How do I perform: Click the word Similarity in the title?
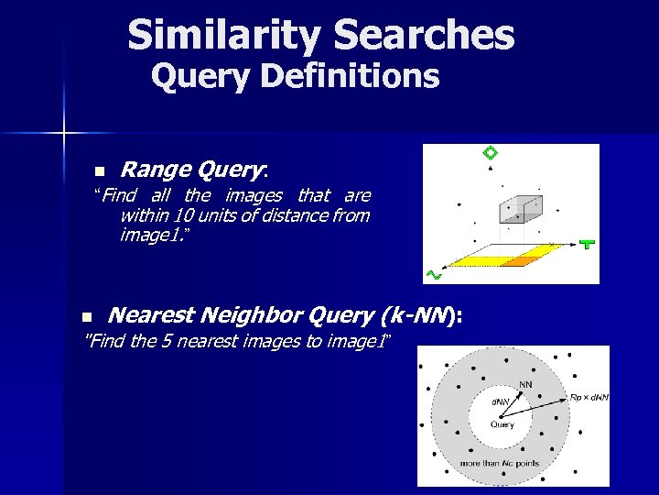click(224, 35)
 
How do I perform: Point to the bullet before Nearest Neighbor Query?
click(86, 317)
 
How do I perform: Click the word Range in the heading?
click(151, 169)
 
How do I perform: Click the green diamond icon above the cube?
click(490, 153)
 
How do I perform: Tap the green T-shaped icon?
click(587, 244)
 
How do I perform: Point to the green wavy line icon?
click(434, 274)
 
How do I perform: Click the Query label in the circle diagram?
click(502, 424)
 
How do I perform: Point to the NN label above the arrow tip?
click(526, 383)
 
